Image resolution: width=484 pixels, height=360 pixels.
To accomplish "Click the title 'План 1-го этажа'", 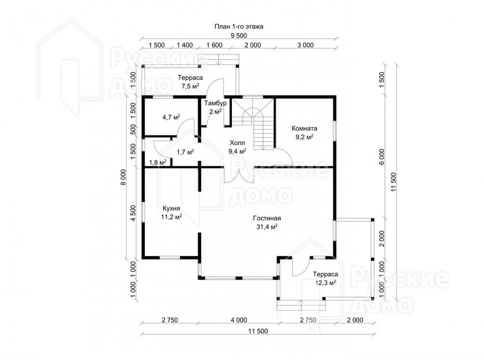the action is click(x=239, y=26).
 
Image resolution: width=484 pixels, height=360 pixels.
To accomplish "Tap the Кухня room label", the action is click(x=171, y=208).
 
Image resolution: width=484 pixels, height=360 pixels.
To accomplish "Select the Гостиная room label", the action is click(x=267, y=218).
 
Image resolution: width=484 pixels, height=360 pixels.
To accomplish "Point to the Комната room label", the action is click(x=304, y=128).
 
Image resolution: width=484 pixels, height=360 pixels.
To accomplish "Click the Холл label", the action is click(x=237, y=143).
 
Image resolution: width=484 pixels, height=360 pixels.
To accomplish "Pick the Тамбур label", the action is click(x=216, y=103).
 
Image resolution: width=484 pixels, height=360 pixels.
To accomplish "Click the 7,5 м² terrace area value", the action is click(x=190, y=86).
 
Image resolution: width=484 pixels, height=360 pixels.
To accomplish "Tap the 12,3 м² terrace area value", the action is click(x=325, y=282).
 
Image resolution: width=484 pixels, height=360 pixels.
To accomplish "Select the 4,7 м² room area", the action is click(x=171, y=117).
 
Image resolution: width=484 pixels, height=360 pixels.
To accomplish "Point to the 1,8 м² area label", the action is click(x=158, y=162).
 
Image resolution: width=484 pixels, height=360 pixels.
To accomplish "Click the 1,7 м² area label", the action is click(x=185, y=152).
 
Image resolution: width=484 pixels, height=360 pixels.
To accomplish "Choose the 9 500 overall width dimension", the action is click(x=238, y=35).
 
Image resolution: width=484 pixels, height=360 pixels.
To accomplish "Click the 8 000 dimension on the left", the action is click(x=124, y=177).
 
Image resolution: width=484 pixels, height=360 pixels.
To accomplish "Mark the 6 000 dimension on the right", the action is click(x=382, y=157).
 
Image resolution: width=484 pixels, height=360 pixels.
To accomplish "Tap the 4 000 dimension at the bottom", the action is click(x=239, y=320).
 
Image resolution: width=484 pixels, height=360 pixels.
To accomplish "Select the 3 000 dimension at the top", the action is click(x=306, y=45).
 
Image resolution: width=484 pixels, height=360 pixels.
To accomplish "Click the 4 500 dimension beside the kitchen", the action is click(x=133, y=213).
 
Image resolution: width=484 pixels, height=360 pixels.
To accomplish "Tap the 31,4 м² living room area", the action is click(x=267, y=227).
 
